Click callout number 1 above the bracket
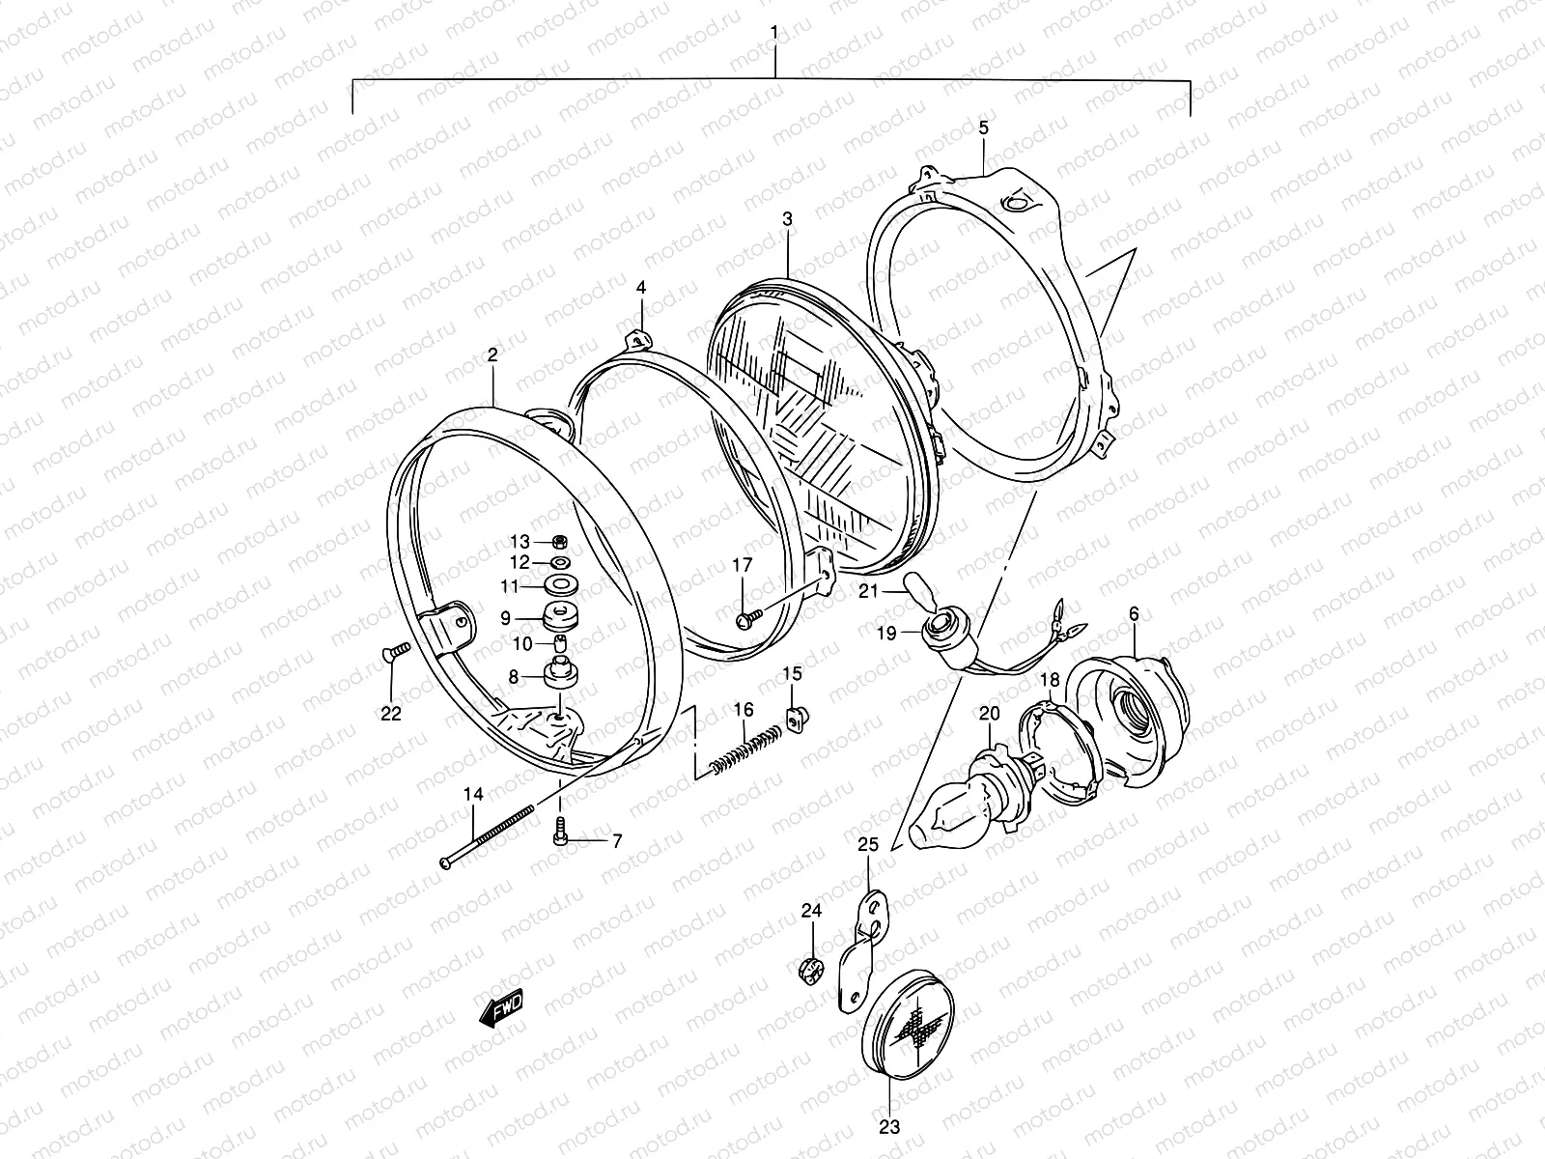pyautogui.click(x=773, y=33)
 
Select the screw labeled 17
pyautogui.click(x=745, y=619)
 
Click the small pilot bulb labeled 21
pyautogui.click(x=914, y=587)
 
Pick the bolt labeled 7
pyautogui.click(x=562, y=828)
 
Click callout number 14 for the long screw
pyautogui.click(x=472, y=794)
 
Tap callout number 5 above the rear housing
pyautogui.click(x=983, y=127)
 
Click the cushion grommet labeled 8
pyautogui.click(x=562, y=673)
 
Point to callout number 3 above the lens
pyautogui.click(x=787, y=219)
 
